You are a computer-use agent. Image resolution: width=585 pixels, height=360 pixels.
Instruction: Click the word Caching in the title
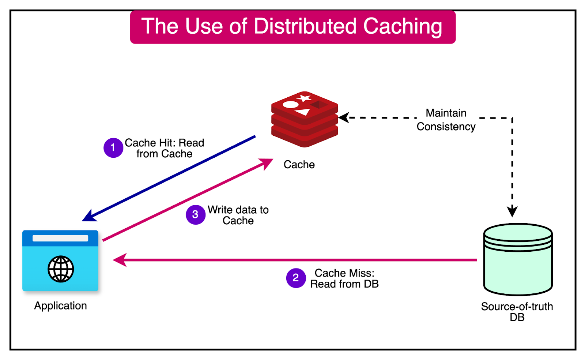click(x=402, y=27)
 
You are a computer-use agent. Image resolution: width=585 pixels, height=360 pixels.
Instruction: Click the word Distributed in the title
click(x=305, y=27)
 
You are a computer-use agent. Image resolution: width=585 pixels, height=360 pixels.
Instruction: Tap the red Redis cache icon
click(x=304, y=119)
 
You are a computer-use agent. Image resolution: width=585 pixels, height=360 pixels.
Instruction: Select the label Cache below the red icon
click(x=299, y=165)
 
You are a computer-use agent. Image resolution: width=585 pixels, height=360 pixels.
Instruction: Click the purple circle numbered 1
click(x=113, y=148)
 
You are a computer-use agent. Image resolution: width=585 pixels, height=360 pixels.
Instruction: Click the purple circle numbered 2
click(x=296, y=278)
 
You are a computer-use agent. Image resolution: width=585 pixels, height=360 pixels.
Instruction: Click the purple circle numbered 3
click(x=195, y=214)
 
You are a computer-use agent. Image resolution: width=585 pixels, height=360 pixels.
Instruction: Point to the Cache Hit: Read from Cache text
click(x=165, y=148)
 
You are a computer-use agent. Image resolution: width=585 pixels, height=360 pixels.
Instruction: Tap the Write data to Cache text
click(x=238, y=215)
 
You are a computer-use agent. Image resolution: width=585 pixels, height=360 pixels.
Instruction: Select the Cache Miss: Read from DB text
click(x=344, y=278)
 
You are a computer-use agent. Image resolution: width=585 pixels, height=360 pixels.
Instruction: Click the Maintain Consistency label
click(x=446, y=120)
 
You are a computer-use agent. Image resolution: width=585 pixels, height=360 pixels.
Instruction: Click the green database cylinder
click(x=518, y=260)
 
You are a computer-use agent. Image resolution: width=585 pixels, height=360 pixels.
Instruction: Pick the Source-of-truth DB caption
click(x=517, y=312)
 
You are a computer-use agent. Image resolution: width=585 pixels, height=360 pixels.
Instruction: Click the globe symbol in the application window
click(x=61, y=269)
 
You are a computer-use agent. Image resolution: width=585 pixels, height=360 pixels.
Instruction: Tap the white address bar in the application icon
click(x=60, y=238)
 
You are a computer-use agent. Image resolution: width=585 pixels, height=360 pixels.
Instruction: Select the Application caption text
click(x=60, y=306)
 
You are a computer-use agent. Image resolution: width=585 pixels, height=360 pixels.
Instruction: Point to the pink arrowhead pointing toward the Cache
click(x=267, y=163)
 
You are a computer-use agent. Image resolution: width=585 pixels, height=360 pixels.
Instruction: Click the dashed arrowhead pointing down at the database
click(x=512, y=211)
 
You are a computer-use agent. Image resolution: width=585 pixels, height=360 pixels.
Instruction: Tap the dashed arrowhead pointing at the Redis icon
click(x=344, y=118)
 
